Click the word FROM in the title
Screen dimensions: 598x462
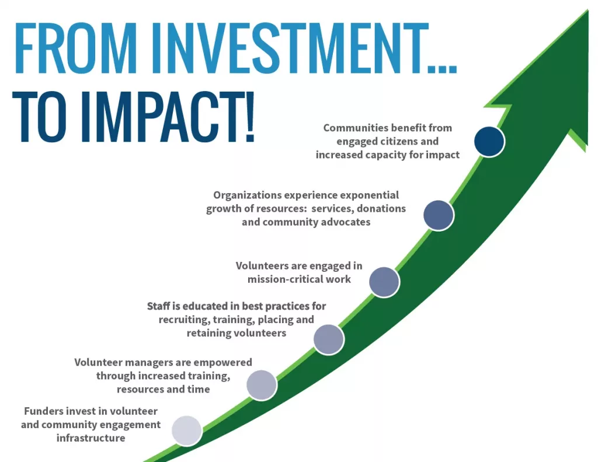point(76,48)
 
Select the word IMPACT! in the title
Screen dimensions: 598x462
point(167,117)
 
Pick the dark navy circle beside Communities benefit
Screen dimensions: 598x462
point(489,141)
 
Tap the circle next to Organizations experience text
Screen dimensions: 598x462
point(439,215)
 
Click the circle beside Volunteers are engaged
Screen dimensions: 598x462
point(384,282)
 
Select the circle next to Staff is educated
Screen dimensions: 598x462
point(329,339)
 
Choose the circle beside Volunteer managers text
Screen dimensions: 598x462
point(262,385)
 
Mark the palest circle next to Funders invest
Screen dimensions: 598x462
point(186,430)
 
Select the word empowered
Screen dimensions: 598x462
point(228,363)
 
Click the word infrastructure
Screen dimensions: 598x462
point(91,438)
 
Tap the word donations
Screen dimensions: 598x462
point(381,209)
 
